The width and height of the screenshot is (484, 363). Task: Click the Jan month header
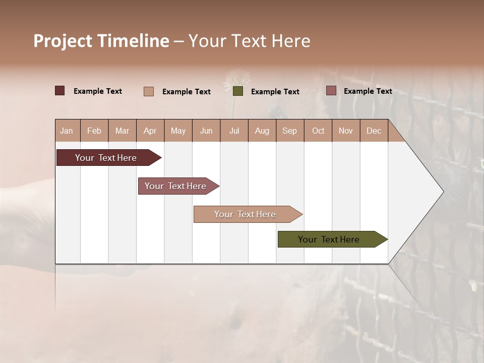point(67,131)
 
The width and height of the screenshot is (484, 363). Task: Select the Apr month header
point(150,131)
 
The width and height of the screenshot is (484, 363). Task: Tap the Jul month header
point(234,131)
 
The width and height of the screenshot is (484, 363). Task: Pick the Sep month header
point(289,131)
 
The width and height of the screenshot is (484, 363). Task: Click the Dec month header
point(374,131)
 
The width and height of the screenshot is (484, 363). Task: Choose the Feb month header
point(94,131)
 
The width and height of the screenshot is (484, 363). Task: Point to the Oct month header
point(318,131)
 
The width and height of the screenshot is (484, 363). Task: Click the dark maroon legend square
point(59,91)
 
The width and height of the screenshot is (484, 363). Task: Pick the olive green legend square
point(238,91)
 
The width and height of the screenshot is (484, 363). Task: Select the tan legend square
point(149,91)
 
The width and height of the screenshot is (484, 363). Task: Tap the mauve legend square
point(331,91)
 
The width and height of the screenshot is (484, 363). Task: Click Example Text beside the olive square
point(275,92)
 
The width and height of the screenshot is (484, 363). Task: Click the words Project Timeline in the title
point(101,41)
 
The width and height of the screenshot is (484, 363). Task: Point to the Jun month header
point(206,131)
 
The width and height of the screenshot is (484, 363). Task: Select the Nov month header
point(346,131)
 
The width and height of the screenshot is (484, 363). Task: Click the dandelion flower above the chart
point(236,78)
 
